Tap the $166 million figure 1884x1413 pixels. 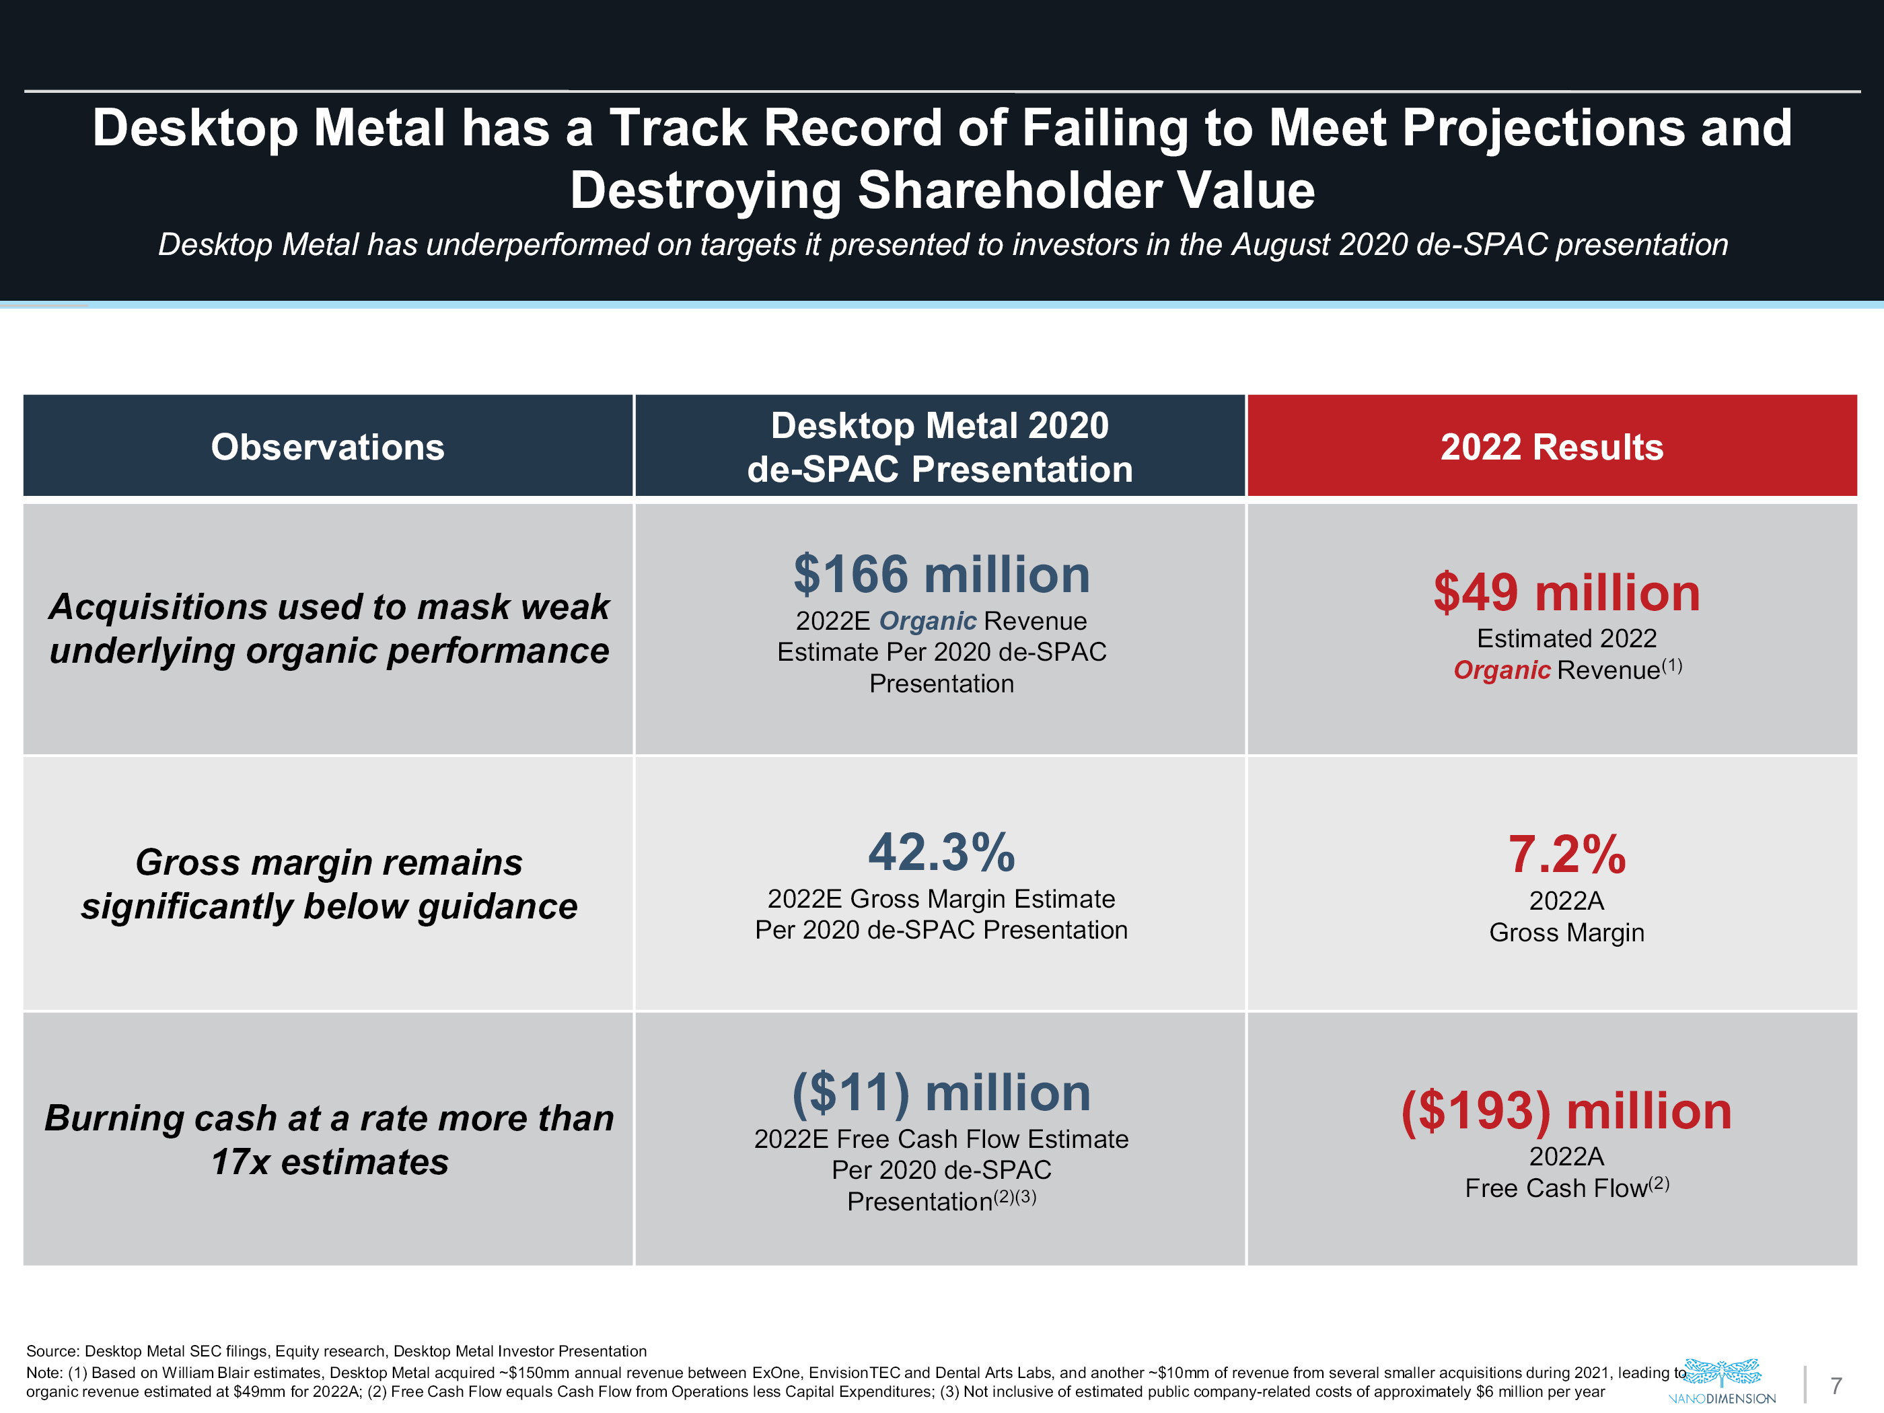941,574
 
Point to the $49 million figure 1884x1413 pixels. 1566,593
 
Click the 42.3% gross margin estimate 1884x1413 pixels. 941,852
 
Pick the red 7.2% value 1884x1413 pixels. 1566,855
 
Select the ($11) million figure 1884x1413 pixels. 941,1093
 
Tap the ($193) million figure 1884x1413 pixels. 1566,1112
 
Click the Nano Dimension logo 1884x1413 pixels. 1721,1381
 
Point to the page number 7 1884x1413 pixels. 1836,1385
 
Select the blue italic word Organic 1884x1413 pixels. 927,621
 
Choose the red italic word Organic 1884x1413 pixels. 1502,670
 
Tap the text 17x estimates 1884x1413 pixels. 330,1162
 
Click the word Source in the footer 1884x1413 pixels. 52,1351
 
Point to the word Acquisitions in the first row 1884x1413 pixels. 158,606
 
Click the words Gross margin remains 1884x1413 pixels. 329,862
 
